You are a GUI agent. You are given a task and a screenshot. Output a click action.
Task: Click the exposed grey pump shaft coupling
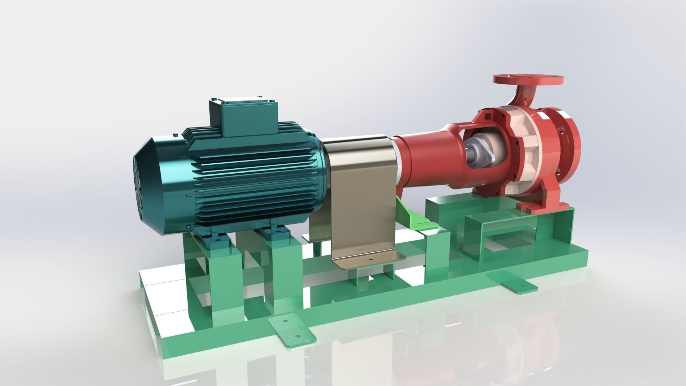479,151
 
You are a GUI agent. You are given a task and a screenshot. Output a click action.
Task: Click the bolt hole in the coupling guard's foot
370,260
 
